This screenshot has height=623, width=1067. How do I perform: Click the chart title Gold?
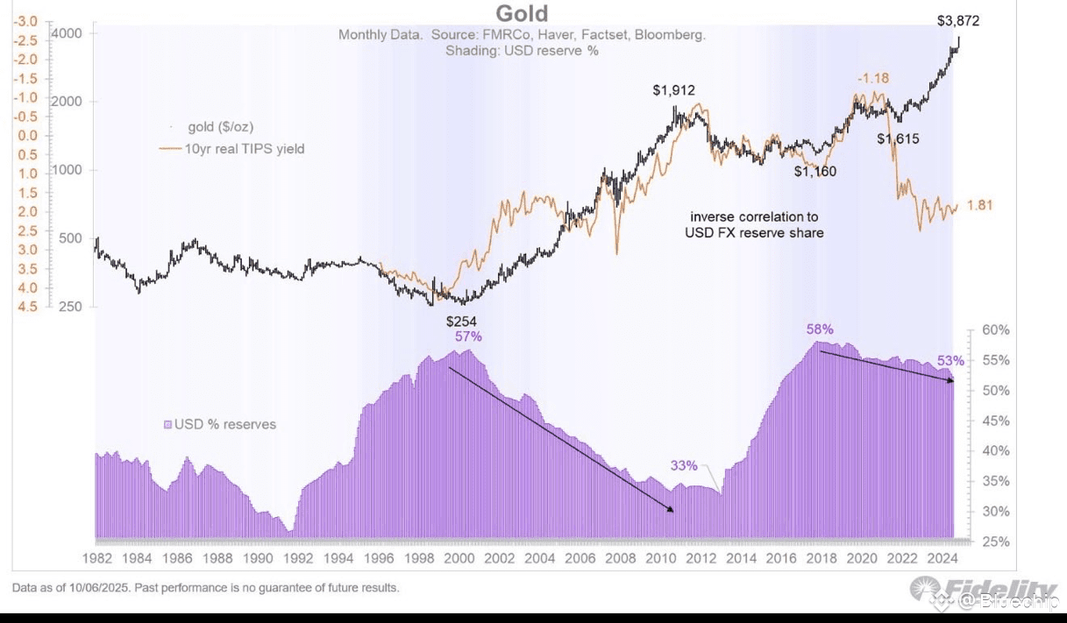(522, 14)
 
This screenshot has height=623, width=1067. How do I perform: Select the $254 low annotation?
(461, 322)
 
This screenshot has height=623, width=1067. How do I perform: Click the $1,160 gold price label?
(815, 172)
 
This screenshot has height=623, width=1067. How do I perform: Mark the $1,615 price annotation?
(898, 138)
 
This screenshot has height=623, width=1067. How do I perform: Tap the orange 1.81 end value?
(981, 205)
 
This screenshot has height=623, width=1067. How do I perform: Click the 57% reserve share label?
(468, 336)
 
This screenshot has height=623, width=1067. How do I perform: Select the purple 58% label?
(820, 329)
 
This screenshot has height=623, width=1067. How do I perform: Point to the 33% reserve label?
(684, 465)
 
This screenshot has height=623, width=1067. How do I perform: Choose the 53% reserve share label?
(950, 361)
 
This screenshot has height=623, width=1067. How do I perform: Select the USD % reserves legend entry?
(224, 424)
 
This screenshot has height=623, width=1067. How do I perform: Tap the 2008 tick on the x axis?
(621, 558)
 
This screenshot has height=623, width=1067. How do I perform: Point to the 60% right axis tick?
(996, 330)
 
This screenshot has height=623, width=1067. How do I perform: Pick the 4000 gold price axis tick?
(68, 33)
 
